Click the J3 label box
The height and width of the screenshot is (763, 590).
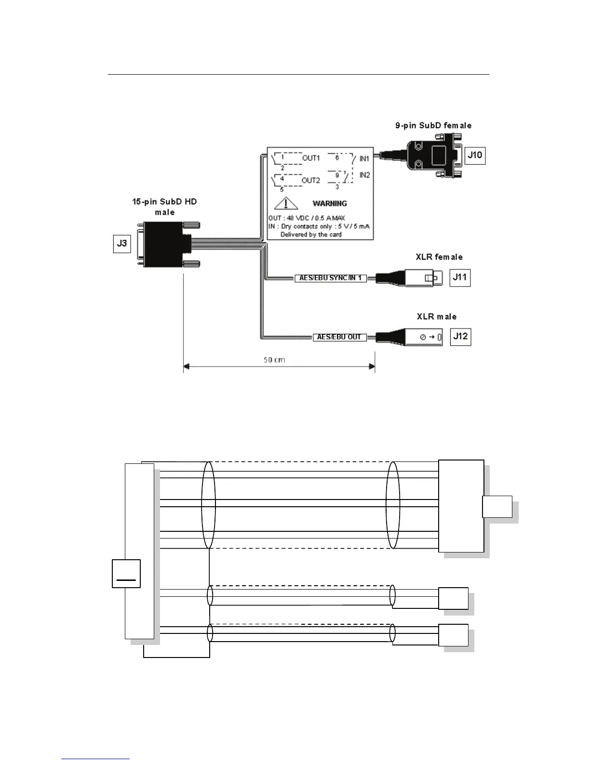[122, 243]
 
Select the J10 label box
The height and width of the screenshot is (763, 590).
[475, 155]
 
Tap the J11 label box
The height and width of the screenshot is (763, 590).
[460, 277]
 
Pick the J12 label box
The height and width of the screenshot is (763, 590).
[460, 336]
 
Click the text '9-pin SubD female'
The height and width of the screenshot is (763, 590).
[433, 126]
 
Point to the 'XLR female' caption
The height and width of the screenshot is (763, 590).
[439, 257]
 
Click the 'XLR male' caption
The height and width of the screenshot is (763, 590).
[437, 316]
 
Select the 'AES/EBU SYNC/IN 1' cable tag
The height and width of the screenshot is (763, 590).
[331, 278]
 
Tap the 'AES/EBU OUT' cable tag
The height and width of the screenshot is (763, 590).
[339, 337]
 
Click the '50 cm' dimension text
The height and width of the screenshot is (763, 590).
[274, 360]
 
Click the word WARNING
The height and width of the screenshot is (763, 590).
[330, 203]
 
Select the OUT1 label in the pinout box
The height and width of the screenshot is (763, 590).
[311, 158]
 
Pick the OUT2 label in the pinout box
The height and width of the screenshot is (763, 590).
[311, 180]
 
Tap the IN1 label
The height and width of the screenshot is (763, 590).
[364, 158]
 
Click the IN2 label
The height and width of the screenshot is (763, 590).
[364, 175]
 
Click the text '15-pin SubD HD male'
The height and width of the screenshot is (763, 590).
[164, 207]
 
